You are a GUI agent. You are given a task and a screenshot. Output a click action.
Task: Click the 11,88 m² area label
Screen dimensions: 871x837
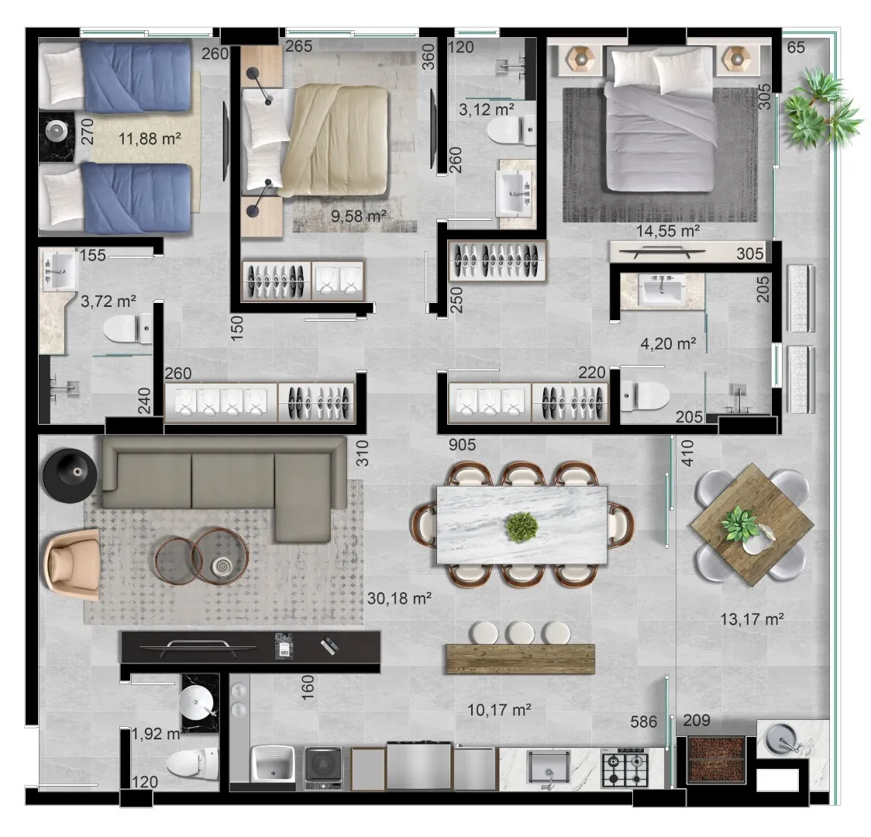pos(150,138)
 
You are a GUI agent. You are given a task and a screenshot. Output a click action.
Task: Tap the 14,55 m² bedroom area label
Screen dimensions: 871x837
pos(668,230)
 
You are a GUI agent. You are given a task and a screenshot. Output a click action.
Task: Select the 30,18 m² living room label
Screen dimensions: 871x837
pos(399,598)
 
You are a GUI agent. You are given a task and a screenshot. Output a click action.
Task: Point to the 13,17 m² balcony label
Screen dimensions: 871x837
pos(752,618)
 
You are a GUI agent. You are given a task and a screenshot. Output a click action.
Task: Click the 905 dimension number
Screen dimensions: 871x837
pos(462,444)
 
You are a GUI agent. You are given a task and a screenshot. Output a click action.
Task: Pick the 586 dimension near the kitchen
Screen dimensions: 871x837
pos(644,722)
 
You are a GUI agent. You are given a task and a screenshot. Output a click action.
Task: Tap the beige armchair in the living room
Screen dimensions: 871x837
pos(73,564)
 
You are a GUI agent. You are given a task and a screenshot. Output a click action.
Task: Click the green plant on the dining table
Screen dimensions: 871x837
pos(522,527)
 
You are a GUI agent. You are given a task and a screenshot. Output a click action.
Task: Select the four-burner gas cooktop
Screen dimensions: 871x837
pos(625,767)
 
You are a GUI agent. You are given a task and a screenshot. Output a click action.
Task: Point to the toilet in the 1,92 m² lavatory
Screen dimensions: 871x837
pos(192,763)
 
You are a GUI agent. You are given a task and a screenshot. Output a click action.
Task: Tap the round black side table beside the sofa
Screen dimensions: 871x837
pos(71,475)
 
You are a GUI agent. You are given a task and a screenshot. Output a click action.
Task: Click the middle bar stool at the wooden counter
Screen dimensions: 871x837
pos(521,632)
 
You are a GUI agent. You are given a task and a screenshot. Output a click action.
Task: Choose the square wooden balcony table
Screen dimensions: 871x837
pos(752,525)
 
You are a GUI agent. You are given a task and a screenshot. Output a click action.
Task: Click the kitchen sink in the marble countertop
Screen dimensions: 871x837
pos(549,767)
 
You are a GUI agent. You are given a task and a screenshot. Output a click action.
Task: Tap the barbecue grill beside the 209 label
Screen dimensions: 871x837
pos(716,759)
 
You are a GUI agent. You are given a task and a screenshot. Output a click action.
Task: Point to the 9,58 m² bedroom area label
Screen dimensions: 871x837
pos(359,215)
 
